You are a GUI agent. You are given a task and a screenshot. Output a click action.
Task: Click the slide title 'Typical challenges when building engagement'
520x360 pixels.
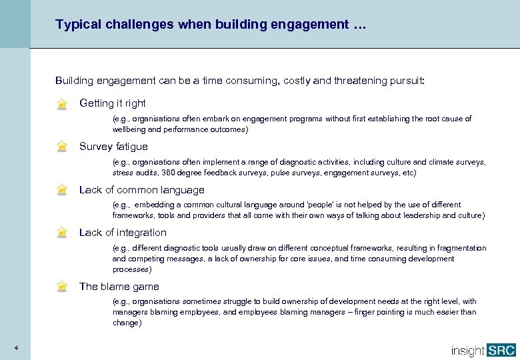click(211, 25)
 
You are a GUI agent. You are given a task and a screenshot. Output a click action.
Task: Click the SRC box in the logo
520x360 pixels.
click(502, 349)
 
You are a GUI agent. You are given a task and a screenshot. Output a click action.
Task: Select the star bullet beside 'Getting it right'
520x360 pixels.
click(62, 104)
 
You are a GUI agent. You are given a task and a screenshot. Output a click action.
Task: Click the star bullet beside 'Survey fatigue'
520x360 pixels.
click(62, 147)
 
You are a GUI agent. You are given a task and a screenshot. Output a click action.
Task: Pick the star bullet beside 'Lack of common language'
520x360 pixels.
click(62, 190)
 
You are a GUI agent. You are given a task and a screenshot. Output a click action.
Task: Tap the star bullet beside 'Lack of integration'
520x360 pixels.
click(62, 233)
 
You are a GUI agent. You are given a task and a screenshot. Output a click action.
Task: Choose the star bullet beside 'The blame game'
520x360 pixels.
click(62, 287)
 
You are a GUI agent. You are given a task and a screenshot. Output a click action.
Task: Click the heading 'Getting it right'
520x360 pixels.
click(112, 103)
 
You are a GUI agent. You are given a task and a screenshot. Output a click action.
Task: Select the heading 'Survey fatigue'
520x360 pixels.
click(113, 146)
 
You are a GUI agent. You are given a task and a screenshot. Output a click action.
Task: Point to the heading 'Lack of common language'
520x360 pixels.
click(141, 189)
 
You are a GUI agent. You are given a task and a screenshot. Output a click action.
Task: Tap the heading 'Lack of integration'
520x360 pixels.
click(123, 232)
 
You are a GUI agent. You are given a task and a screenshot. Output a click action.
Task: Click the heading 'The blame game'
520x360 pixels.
click(119, 286)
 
